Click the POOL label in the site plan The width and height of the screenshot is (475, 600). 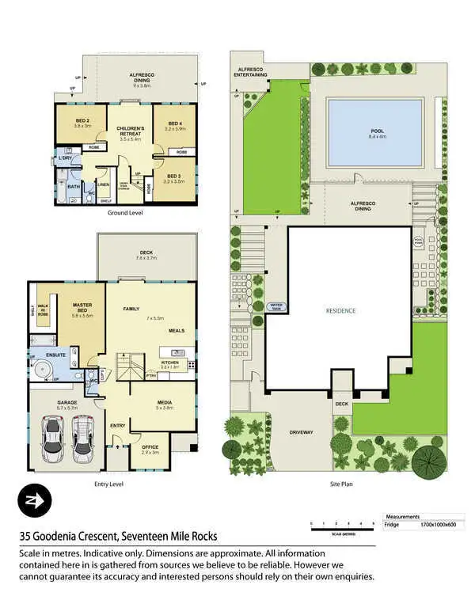[x=377, y=131]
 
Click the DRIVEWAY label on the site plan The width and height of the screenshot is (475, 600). [x=302, y=432]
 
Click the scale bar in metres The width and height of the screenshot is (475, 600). [x=342, y=529]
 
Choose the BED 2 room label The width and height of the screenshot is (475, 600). [x=82, y=123]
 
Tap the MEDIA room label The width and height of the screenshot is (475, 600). [x=165, y=405]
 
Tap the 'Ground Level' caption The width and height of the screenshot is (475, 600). [x=123, y=213]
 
